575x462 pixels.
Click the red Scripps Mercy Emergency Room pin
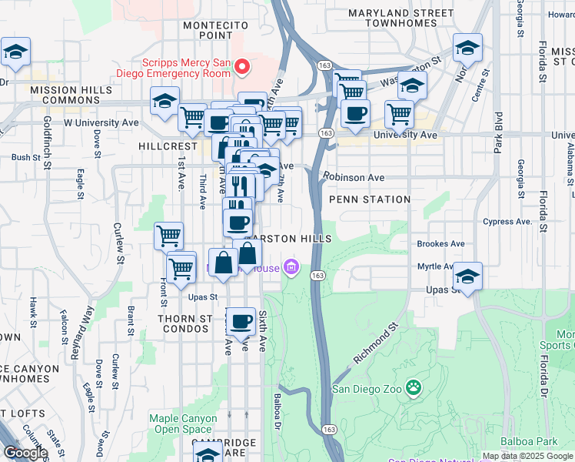pos(242,67)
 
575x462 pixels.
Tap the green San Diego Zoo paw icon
pos(414,387)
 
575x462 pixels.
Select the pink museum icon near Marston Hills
pos(291,268)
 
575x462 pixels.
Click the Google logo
pos(25,453)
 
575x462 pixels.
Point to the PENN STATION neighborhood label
pos(369,199)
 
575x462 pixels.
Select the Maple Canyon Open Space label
pos(180,423)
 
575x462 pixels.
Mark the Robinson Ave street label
pos(354,177)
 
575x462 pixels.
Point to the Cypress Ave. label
pos(507,222)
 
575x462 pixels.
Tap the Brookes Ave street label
pos(440,244)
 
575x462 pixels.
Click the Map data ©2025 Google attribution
pos(527,456)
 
